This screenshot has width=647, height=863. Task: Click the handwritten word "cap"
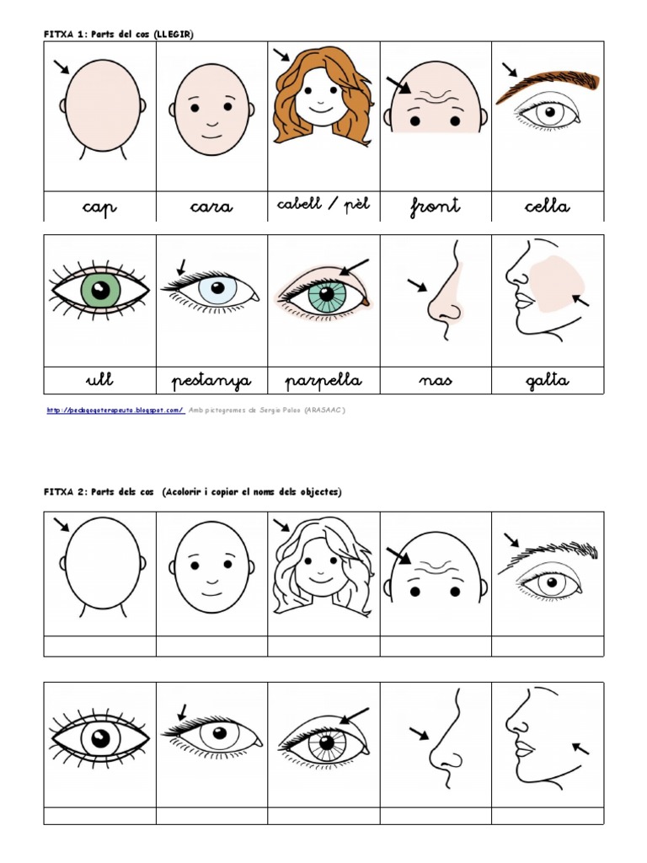(100, 207)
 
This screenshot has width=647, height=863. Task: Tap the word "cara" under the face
(211, 207)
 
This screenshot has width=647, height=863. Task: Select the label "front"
(435, 206)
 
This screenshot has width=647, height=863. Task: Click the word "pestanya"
(211, 381)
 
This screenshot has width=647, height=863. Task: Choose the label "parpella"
(323, 381)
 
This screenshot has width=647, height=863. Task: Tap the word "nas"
(435, 381)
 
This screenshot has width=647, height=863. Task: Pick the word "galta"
(547, 381)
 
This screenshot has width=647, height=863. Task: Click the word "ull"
(99, 380)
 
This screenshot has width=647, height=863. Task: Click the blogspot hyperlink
(115, 410)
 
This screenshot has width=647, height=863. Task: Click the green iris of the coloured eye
(100, 291)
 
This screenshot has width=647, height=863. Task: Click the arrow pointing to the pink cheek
(580, 299)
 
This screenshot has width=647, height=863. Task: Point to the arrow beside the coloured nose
(417, 286)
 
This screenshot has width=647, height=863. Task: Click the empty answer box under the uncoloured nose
(435, 815)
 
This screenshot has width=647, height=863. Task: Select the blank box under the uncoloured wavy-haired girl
(323, 646)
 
